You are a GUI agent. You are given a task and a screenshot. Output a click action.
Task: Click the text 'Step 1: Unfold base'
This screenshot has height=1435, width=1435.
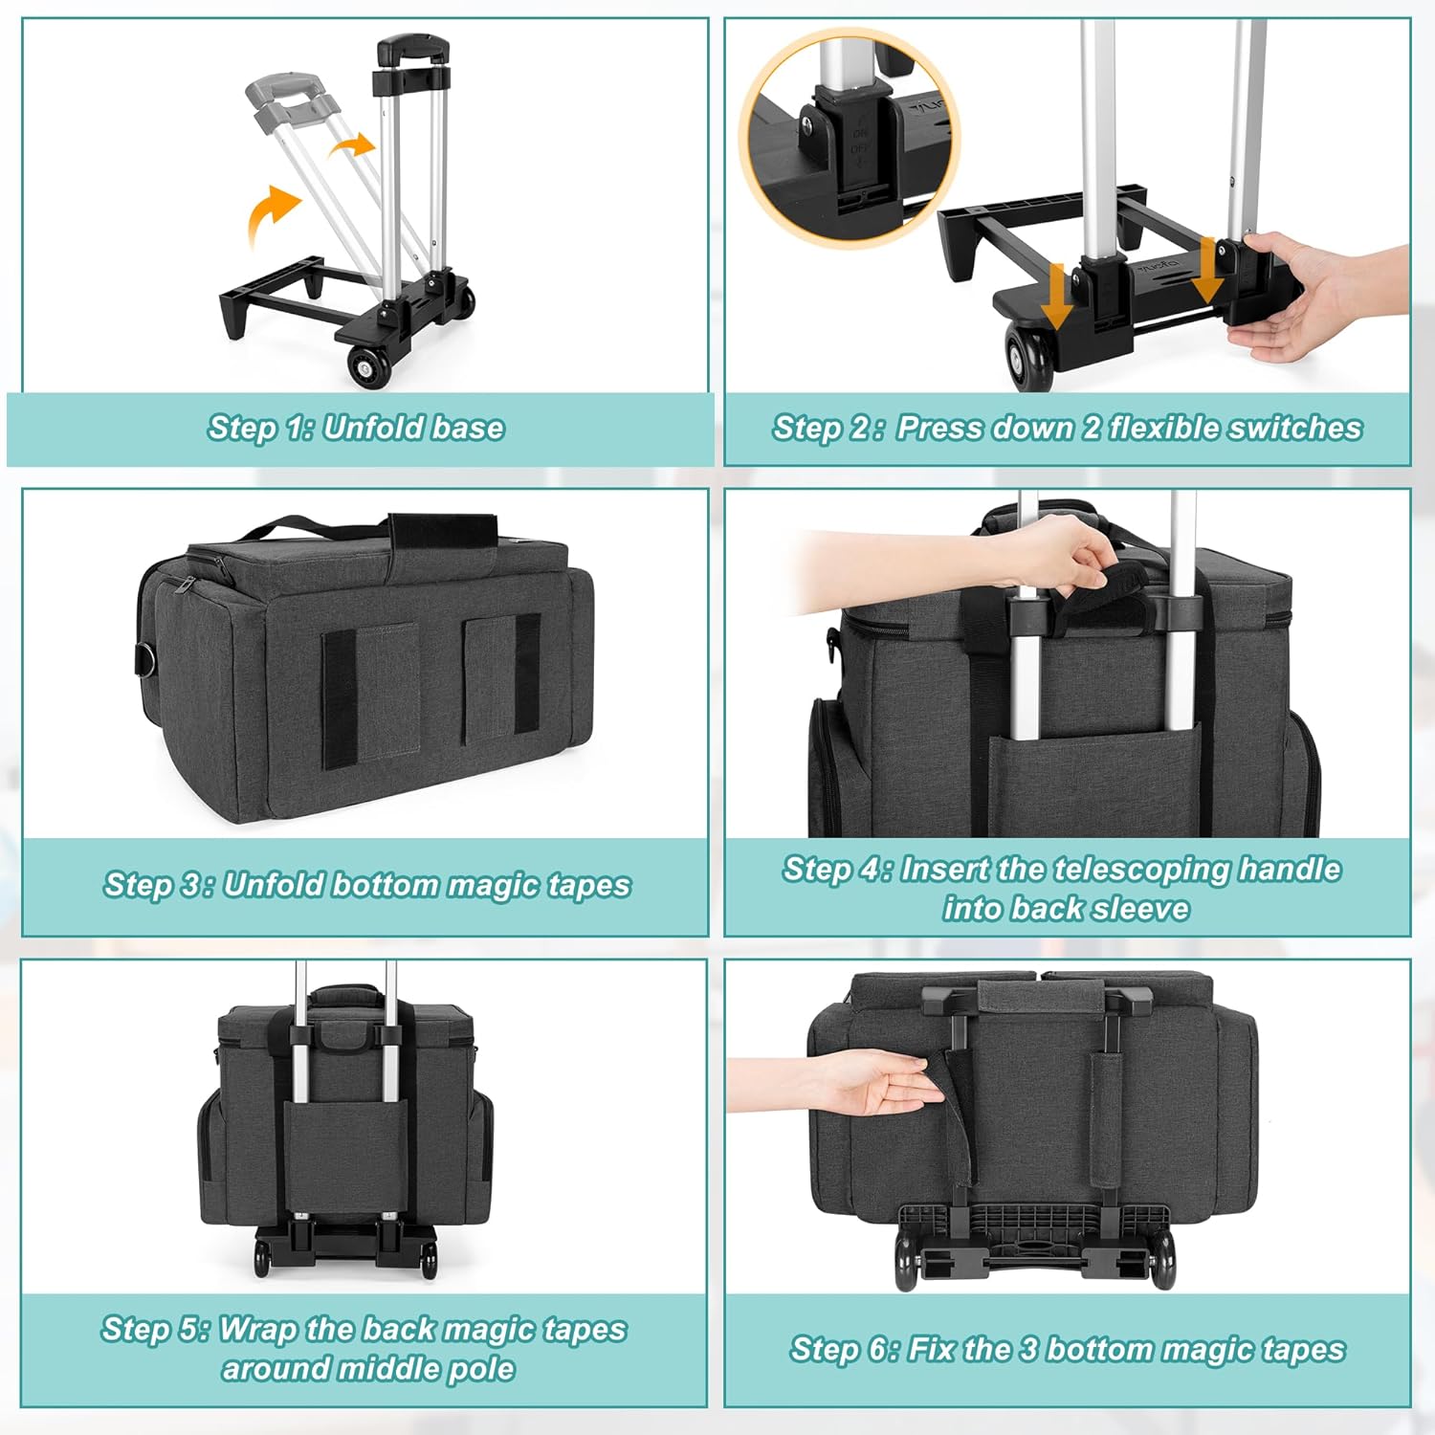(356, 428)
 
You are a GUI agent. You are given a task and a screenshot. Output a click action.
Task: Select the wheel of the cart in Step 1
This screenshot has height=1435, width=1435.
(369, 367)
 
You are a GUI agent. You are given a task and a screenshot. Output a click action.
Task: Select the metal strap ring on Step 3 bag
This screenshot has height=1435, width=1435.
(144, 659)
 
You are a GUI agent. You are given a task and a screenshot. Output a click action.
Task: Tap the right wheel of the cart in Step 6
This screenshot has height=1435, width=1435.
(1162, 1260)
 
